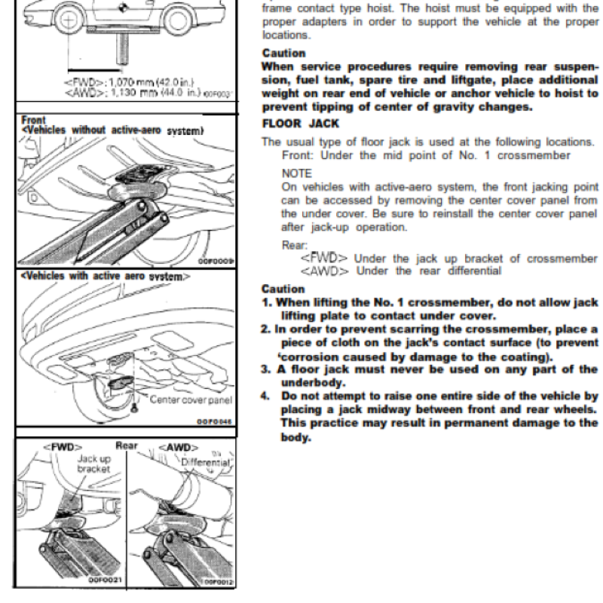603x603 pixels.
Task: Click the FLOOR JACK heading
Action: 300,123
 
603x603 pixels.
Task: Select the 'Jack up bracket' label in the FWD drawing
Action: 93,463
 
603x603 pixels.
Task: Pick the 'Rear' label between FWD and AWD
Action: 125,445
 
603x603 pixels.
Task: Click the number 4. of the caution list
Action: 265,394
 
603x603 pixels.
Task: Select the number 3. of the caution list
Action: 265,369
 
